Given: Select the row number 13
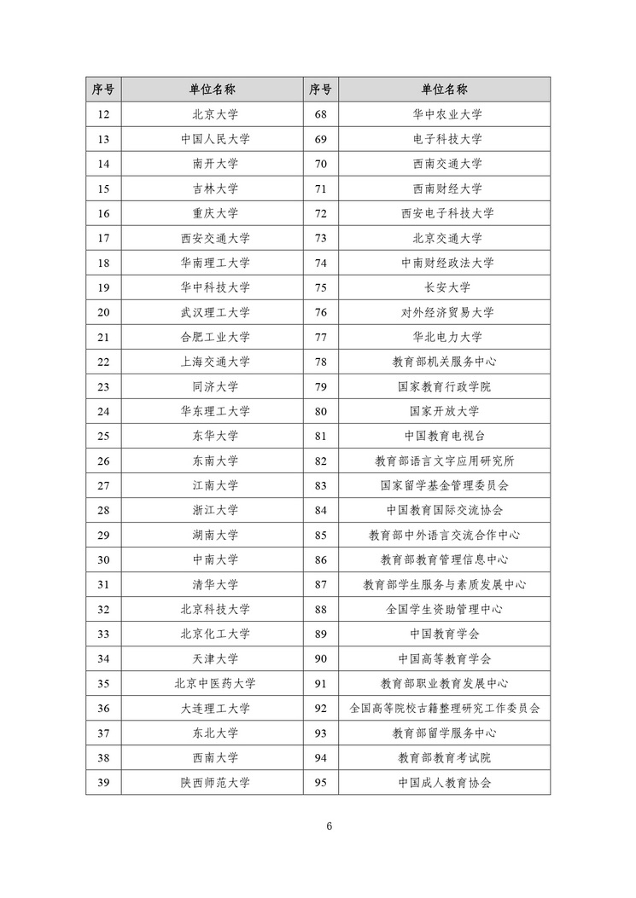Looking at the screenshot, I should (x=103, y=139).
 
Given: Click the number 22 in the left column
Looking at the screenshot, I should (x=103, y=362).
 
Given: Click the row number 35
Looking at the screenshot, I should (x=103, y=683).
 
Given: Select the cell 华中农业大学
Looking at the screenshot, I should (x=446, y=114).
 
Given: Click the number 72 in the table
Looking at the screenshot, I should (x=321, y=213).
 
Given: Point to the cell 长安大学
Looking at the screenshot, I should (x=446, y=287).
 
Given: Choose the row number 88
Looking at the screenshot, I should (x=321, y=609).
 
